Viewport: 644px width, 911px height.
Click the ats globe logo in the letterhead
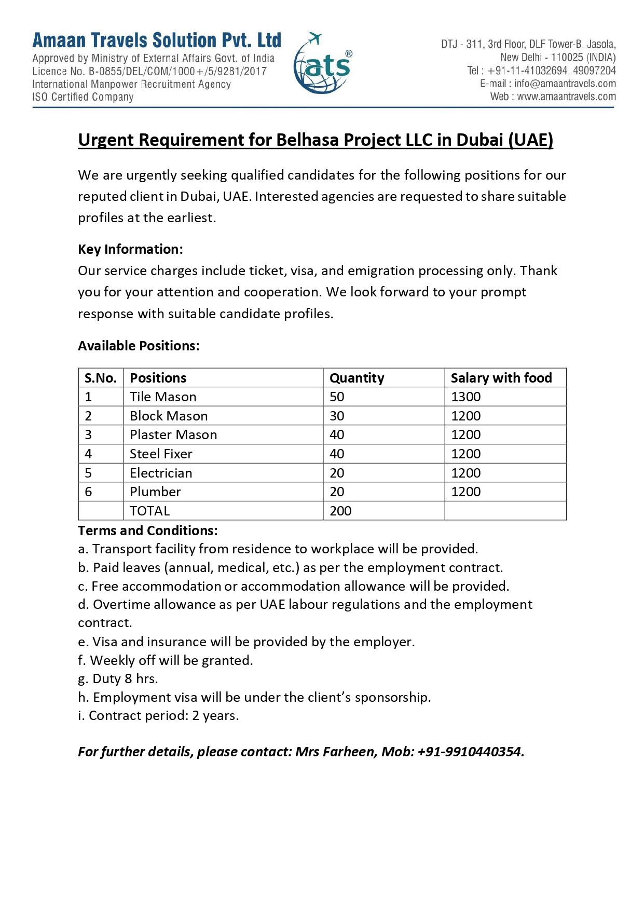pos(322,65)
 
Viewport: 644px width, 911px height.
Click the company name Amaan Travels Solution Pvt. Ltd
pos(157,40)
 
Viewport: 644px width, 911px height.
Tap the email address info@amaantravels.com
pos(565,84)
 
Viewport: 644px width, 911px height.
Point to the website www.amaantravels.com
pos(566,97)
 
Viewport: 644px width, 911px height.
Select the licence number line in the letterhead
pos(149,71)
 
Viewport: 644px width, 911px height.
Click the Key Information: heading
pos(130,249)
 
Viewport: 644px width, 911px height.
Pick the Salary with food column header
pos(501,378)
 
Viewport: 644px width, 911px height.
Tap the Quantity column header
pos(357,378)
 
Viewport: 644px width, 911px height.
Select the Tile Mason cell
pos(163,397)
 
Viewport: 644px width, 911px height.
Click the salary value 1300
pos(465,397)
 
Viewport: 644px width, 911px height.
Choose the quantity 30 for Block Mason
pos(337,416)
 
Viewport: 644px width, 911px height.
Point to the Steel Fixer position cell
pos(161,454)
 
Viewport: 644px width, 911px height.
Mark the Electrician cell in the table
pos(161,473)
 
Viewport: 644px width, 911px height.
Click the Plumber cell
pos(155,492)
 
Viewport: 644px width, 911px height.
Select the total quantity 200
pos(340,511)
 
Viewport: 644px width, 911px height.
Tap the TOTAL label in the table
pos(149,511)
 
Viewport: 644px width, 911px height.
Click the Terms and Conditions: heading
pos(148,531)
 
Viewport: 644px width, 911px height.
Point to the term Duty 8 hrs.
pos(118,679)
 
